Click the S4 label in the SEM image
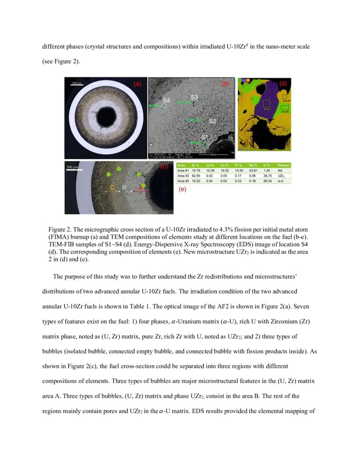pyautogui.click(x=166, y=100)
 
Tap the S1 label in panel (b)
pyautogui.click(x=205, y=137)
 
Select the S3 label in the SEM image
pyautogui.click(x=194, y=97)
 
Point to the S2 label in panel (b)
pyautogui.click(x=213, y=121)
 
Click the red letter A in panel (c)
pyautogui.click(x=140, y=187)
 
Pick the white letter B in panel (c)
pyautogui.click(x=124, y=187)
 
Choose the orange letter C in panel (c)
pyautogui.click(x=112, y=187)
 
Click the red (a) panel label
pyautogui.click(x=137, y=84)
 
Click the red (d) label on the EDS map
pyautogui.click(x=282, y=83)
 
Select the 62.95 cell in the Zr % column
pyautogui.click(x=196, y=175)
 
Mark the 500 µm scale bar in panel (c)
pyautogui.click(x=73, y=169)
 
